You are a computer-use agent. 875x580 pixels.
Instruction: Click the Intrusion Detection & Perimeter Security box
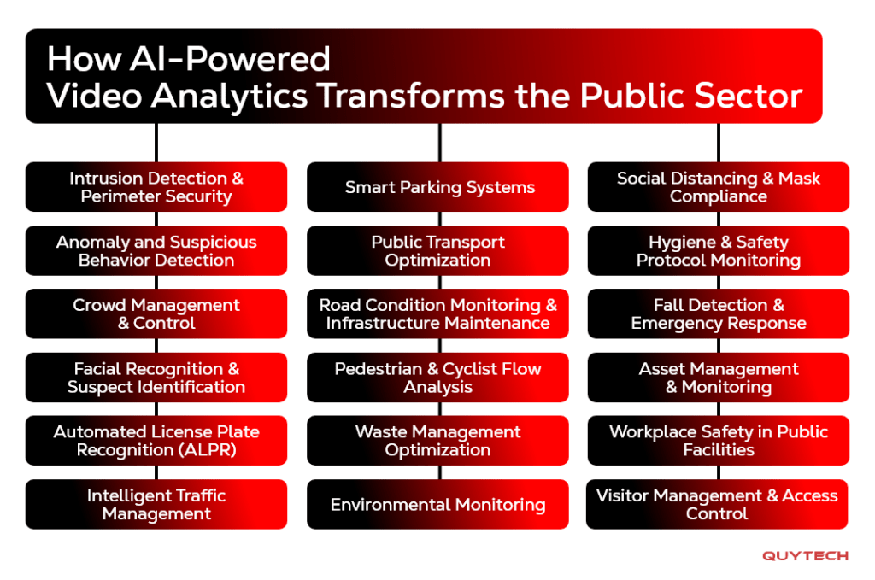pos(156,187)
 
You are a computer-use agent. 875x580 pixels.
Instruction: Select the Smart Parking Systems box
pos(437,187)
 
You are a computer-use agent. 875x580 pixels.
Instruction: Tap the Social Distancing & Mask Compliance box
pos(718,187)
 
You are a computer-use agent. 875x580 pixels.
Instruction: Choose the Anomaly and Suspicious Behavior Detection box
pos(156,250)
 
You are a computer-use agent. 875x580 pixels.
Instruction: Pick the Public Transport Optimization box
pos(437,250)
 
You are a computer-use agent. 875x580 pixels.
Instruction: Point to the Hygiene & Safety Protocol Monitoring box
pos(718,250)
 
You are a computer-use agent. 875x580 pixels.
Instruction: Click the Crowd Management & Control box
pos(156,313)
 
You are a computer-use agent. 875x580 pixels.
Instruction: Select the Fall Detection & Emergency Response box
pos(718,313)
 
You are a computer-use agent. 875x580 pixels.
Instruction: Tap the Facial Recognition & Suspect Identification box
pos(156,377)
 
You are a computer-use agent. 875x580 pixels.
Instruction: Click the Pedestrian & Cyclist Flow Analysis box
pos(437,377)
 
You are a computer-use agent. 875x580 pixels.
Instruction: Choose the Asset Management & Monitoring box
pos(718,377)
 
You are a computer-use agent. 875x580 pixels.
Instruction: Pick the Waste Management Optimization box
pos(437,440)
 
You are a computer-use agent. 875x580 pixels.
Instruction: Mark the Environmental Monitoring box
pos(437,504)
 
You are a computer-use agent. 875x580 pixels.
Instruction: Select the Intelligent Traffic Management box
pos(156,504)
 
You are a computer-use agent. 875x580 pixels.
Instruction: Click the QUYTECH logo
pos(805,556)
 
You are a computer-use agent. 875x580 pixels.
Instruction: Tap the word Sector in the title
pos(749,96)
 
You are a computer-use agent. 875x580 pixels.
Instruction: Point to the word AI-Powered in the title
pos(230,59)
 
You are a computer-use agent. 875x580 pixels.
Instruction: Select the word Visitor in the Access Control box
pos(623,495)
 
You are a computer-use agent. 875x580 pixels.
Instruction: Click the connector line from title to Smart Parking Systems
pos(440,143)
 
